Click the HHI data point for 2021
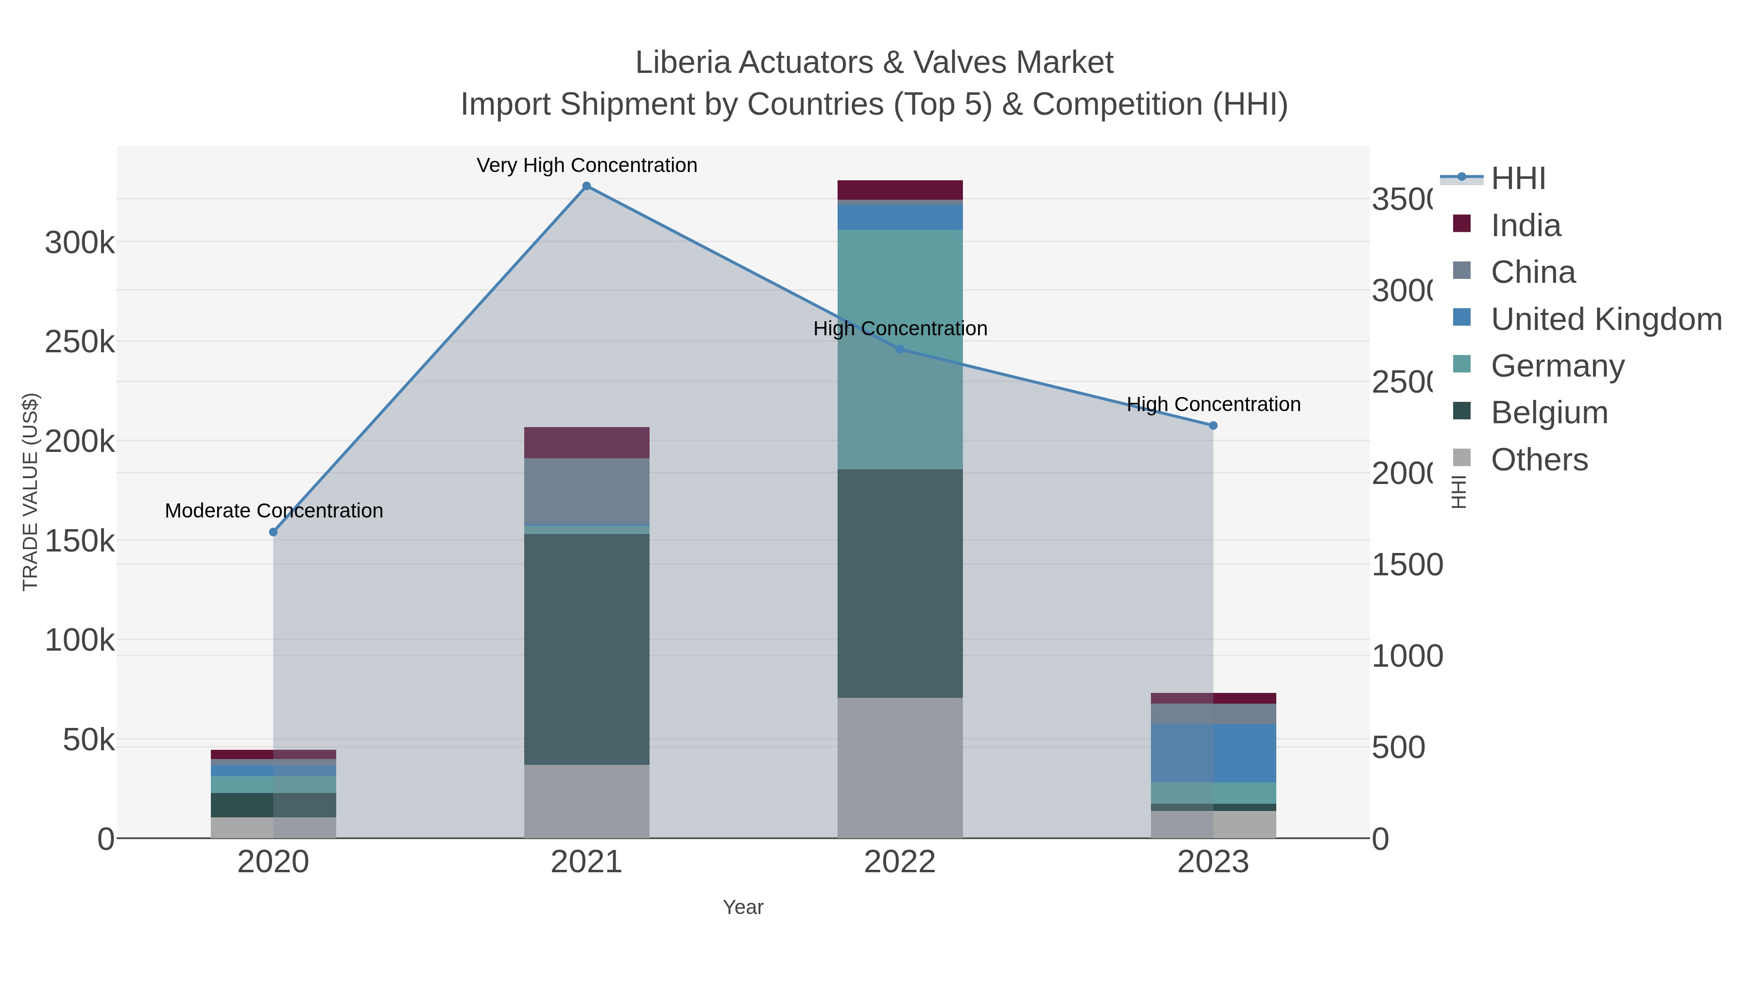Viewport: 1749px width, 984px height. click(x=586, y=186)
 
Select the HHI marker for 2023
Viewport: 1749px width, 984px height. click(x=1213, y=426)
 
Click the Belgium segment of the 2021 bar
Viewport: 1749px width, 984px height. click(x=586, y=649)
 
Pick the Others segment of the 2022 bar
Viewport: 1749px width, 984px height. click(x=900, y=767)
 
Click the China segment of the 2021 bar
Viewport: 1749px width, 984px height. click(x=586, y=491)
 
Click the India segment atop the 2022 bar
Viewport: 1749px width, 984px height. click(x=900, y=190)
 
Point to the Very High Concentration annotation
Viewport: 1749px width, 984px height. click(x=586, y=165)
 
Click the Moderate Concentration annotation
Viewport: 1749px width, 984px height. click(x=274, y=511)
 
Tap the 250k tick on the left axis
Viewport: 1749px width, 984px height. click(x=80, y=342)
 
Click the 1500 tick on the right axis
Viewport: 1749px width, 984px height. click(x=1407, y=565)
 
